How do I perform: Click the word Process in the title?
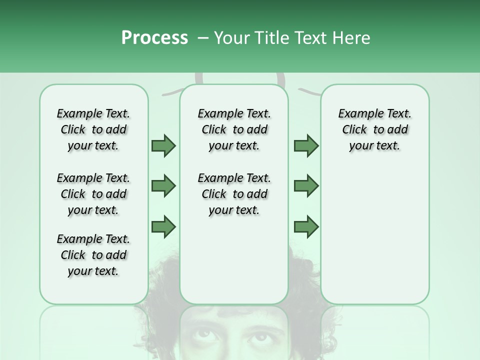154,38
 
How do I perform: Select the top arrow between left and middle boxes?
163,145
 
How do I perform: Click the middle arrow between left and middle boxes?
163,186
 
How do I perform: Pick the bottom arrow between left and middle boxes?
163,227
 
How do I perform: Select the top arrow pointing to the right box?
306,145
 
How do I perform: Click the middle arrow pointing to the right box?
306,186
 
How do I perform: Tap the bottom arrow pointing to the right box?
306,227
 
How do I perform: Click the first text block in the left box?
93,129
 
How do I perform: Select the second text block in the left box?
93,194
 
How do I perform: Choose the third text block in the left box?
93,255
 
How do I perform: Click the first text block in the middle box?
234,129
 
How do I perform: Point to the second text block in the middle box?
234,194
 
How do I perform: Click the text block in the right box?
375,129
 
